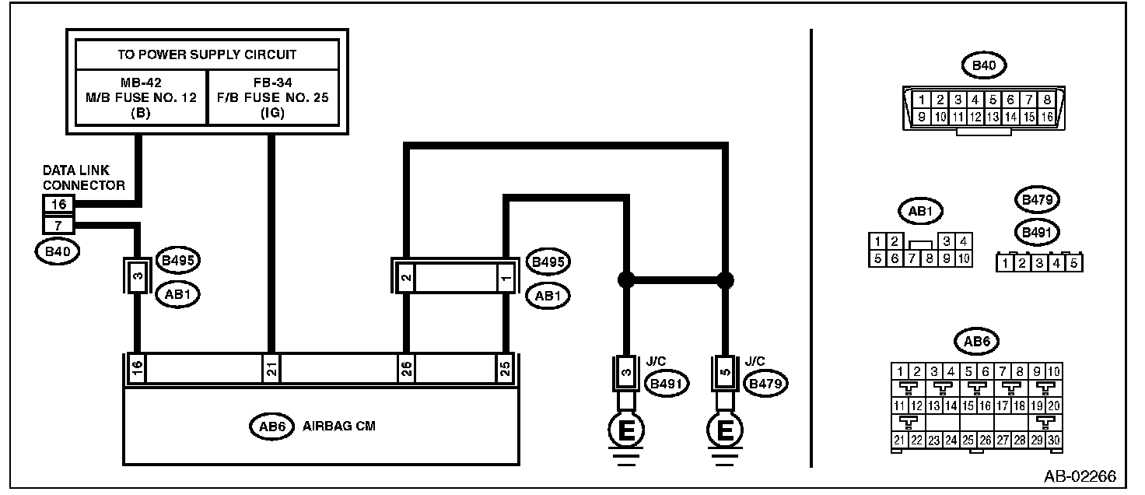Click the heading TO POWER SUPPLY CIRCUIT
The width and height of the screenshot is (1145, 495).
pyautogui.click(x=206, y=55)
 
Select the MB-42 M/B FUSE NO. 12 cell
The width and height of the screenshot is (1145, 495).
pyautogui.click(x=141, y=97)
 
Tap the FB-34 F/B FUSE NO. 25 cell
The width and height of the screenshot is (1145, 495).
pyautogui.click(x=273, y=97)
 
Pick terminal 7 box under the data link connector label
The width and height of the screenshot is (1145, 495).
pyautogui.click(x=60, y=226)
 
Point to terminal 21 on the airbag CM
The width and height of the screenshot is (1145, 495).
pyautogui.click(x=270, y=369)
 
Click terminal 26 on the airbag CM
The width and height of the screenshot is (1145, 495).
pyautogui.click(x=405, y=369)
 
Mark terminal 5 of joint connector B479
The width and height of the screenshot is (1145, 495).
pyautogui.click(x=725, y=372)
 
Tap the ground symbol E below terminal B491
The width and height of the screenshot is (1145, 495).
pyautogui.click(x=625, y=430)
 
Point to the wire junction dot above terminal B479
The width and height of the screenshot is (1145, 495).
pyautogui.click(x=725, y=279)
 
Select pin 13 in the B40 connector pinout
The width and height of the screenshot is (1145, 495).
pyautogui.click(x=992, y=117)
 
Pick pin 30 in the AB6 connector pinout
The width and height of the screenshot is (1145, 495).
pyautogui.click(x=1053, y=441)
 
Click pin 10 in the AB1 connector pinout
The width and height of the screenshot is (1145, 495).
pyautogui.click(x=963, y=259)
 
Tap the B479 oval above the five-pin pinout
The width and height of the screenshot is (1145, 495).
pyautogui.click(x=1038, y=200)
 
